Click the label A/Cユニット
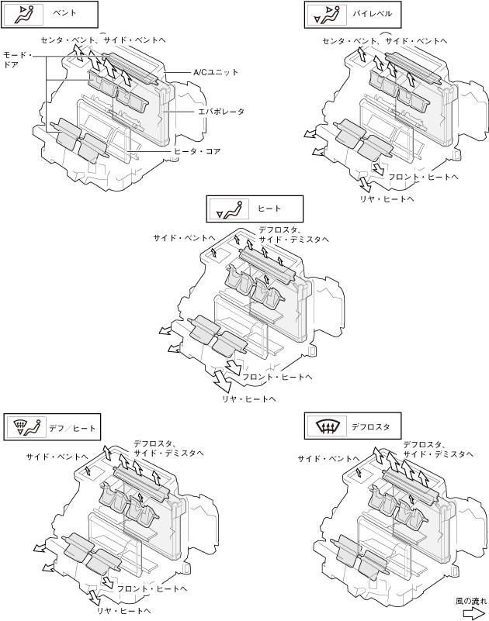216,72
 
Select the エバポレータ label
221,112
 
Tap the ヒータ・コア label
197,151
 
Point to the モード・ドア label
17,60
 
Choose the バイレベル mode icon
328,15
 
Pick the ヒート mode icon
229,209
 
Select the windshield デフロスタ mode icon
328,426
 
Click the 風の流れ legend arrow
474,613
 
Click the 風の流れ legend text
470,601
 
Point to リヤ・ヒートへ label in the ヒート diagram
248,399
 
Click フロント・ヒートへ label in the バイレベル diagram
423,177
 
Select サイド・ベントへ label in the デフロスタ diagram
328,459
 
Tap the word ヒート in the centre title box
269,209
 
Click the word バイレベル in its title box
372,14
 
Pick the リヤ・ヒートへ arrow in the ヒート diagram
222,380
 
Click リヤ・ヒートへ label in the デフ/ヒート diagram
123,611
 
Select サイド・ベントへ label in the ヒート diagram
184,238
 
